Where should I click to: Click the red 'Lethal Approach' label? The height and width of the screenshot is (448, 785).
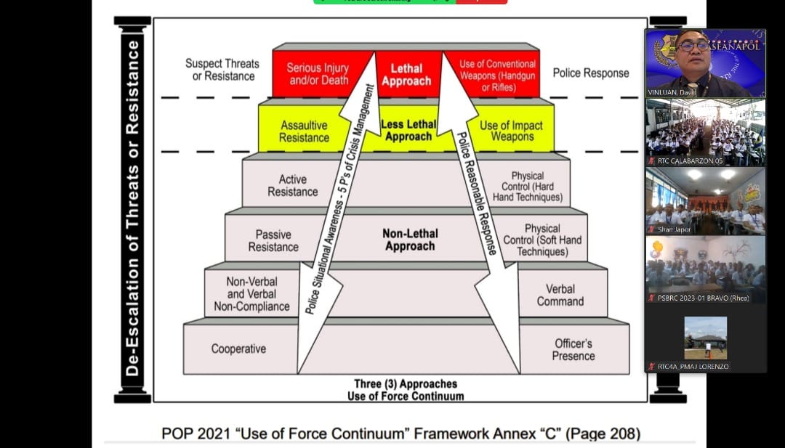(x=406, y=75)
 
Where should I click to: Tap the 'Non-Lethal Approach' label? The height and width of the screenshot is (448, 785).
(x=410, y=240)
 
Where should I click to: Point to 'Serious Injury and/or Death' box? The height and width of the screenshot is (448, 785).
(x=318, y=74)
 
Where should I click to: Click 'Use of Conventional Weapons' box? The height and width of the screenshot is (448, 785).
(x=498, y=76)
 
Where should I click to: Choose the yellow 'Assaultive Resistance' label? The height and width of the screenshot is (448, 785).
(x=304, y=131)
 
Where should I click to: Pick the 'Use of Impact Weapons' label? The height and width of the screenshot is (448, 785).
(x=512, y=131)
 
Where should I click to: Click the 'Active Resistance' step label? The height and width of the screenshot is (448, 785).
(x=293, y=185)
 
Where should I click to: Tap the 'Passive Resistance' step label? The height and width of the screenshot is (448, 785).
(x=273, y=240)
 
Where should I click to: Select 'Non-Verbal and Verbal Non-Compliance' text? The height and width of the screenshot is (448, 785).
(x=251, y=294)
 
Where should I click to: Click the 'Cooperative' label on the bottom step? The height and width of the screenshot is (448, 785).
(x=238, y=349)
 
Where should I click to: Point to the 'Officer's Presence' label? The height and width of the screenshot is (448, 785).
(x=573, y=349)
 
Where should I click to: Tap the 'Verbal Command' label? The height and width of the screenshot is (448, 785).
(x=560, y=295)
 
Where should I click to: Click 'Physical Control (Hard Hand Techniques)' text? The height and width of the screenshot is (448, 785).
(x=528, y=187)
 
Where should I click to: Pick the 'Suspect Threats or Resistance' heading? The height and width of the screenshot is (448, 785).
(x=223, y=70)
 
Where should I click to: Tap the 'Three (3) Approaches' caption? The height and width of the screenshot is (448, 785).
(x=406, y=383)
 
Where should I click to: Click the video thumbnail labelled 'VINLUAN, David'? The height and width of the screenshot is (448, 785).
(x=705, y=62)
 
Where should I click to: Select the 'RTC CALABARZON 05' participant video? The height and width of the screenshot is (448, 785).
(x=705, y=132)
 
